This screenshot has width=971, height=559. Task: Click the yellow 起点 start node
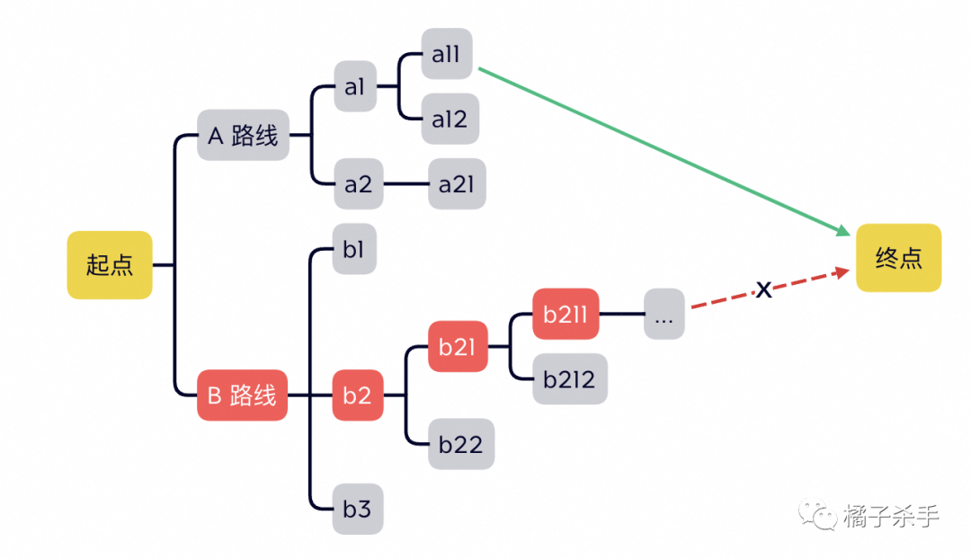pyautogui.click(x=110, y=265)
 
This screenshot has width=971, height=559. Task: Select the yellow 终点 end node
pyautogui.click(x=898, y=258)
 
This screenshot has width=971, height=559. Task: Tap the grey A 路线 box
pyautogui.click(x=243, y=136)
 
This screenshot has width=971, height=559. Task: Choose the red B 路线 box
pyautogui.click(x=242, y=395)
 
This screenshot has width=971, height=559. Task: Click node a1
pyautogui.click(x=354, y=86)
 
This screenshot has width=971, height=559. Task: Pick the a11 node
pyautogui.click(x=446, y=54)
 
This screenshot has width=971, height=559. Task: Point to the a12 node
pyautogui.click(x=449, y=119)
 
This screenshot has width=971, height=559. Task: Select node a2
pyautogui.click(x=357, y=184)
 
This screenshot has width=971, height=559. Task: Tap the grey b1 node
pyautogui.click(x=353, y=249)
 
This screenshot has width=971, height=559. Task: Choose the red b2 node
pyautogui.click(x=357, y=395)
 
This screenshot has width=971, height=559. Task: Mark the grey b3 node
pyautogui.click(x=357, y=509)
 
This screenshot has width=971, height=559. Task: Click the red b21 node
pyautogui.click(x=458, y=346)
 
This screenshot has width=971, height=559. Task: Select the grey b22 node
pyautogui.click(x=460, y=443)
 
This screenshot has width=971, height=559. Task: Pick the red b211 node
pyautogui.click(x=566, y=314)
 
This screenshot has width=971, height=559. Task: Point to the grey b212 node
pyautogui.click(x=569, y=378)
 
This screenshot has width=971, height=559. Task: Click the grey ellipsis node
pyautogui.click(x=664, y=314)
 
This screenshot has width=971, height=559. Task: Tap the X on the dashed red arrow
pyautogui.click(x=763, y=289)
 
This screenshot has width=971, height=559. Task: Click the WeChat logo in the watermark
pyautogui.click(x=819, y=513)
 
